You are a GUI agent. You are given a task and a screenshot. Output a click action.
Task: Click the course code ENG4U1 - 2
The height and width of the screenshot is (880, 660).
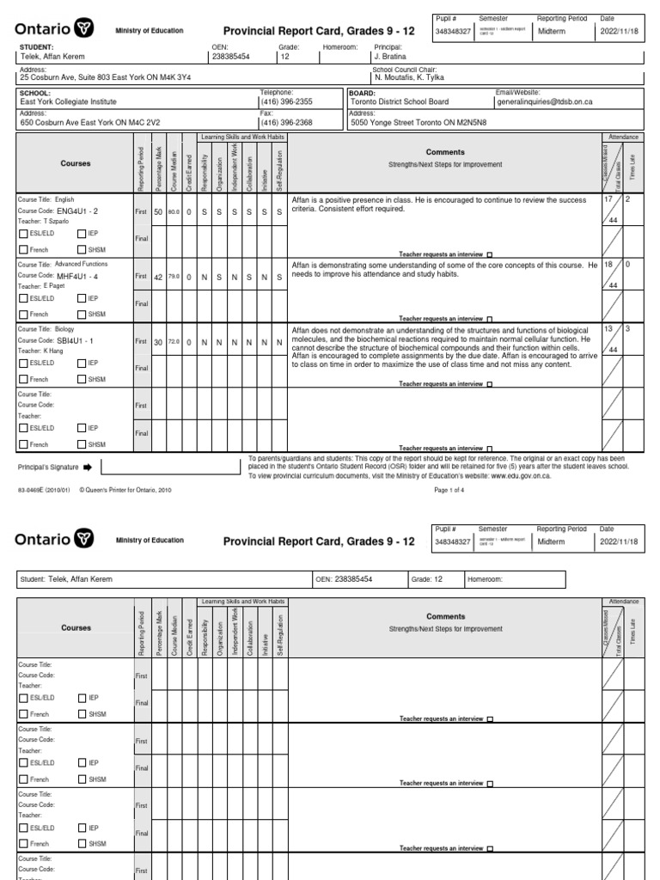[x=77, y=210]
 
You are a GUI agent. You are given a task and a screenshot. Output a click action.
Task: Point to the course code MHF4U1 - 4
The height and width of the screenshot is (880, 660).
[x=77, y=276]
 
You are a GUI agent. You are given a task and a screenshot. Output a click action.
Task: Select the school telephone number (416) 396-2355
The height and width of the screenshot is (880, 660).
[x=286, y=101]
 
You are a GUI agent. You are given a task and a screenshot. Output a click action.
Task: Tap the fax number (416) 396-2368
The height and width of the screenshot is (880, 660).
[x=286, y=123]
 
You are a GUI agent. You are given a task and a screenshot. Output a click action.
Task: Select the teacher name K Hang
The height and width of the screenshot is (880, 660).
[x=52, y=351]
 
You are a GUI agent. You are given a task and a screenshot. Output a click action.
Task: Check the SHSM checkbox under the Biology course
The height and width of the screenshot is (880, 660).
[x=82, y=379]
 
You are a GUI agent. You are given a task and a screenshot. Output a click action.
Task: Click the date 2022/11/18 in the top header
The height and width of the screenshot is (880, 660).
[x=620, y=29]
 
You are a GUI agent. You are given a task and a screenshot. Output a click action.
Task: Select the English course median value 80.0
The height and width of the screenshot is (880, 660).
[x=174, y=211]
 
